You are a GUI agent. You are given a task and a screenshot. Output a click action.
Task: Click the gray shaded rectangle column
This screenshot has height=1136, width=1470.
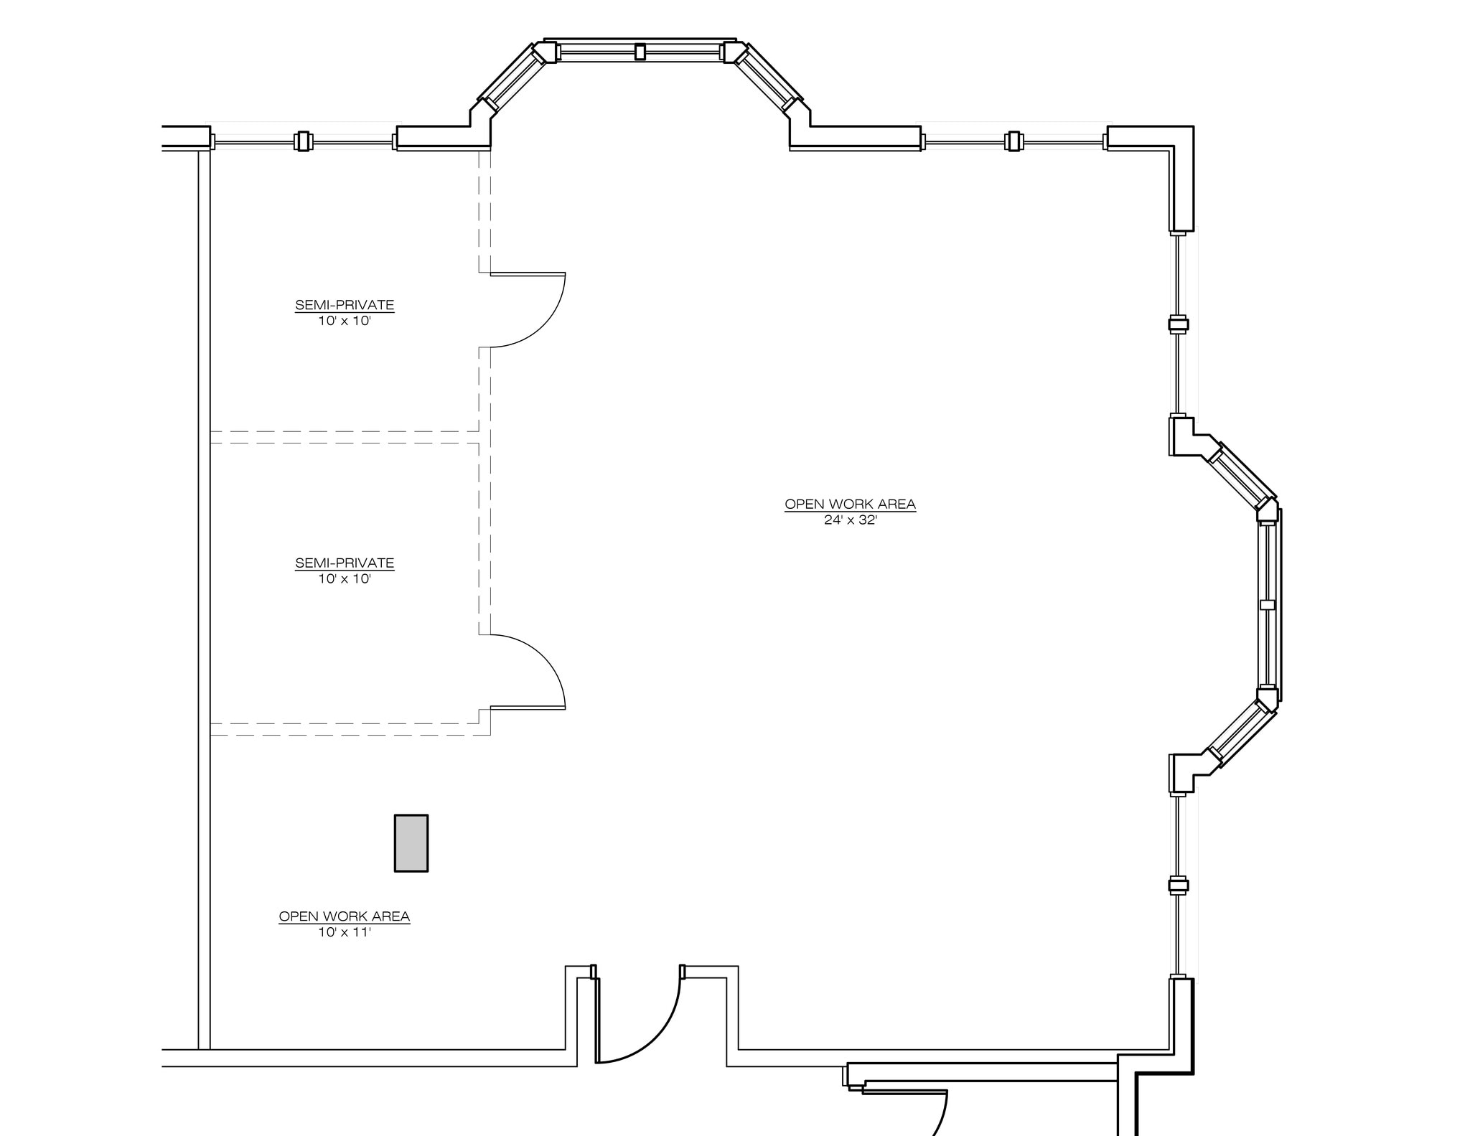(x=411, y=843)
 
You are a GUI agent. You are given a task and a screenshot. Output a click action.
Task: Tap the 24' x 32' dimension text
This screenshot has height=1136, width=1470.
(x=851, y=520)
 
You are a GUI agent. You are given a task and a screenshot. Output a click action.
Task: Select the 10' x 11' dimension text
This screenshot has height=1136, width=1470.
(x=345, y=932)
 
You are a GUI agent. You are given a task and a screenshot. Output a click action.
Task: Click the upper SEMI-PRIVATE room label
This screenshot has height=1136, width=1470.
(x=345, y=305)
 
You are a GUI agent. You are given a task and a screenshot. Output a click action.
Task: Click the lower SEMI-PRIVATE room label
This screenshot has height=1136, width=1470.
(x=345, y=563)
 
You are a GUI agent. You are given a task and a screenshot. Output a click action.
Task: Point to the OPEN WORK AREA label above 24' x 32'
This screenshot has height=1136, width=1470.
(x=851, y=504)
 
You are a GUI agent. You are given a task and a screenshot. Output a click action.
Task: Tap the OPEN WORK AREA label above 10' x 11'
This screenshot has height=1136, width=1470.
(x=345, y=916)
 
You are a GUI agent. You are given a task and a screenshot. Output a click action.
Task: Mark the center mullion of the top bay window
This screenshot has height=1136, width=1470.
(x=640, y=52)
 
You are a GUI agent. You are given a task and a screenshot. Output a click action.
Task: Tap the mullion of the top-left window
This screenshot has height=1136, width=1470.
(x=303, y=141)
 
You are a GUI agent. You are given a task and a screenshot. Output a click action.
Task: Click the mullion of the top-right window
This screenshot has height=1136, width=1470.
(x=1013, y=141)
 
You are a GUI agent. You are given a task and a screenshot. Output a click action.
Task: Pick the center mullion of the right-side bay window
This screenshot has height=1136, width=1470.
(x=1268, y=605)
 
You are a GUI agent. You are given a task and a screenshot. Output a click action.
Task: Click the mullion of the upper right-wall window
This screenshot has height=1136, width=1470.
(x=1179, y=324)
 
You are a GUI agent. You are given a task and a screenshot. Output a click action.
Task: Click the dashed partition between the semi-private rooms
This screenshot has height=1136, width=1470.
(x=345, y=437)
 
